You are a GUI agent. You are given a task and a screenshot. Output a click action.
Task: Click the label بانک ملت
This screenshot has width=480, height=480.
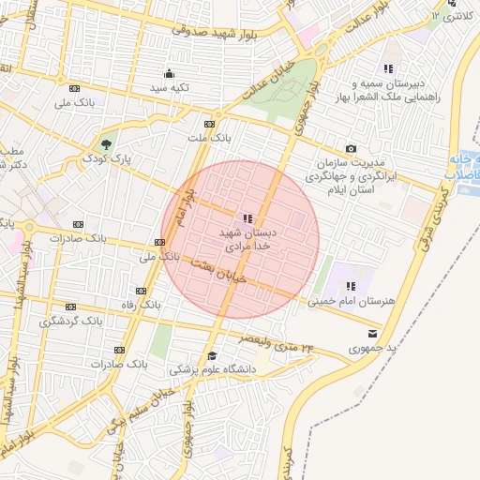coord(208,139)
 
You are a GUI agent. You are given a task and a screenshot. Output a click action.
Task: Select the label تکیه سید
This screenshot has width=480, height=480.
coord(170,87)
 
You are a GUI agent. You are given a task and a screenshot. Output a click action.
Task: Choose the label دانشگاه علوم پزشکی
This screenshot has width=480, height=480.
coord(213,369)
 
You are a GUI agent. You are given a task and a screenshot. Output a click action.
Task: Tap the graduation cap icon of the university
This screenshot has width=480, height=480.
coord(213,356)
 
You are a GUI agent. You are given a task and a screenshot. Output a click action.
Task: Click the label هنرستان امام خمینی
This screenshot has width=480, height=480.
coord(351,301)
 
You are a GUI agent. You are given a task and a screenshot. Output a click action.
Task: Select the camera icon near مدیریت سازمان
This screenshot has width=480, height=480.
coord(351,148)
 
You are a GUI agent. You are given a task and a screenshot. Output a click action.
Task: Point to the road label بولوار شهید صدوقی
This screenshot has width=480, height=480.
coord(220,31)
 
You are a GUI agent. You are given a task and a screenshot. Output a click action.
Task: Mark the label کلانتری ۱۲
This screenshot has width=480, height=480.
coord(457,17)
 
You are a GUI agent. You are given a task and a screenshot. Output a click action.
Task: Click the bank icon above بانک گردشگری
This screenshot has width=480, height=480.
coord(70,307)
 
